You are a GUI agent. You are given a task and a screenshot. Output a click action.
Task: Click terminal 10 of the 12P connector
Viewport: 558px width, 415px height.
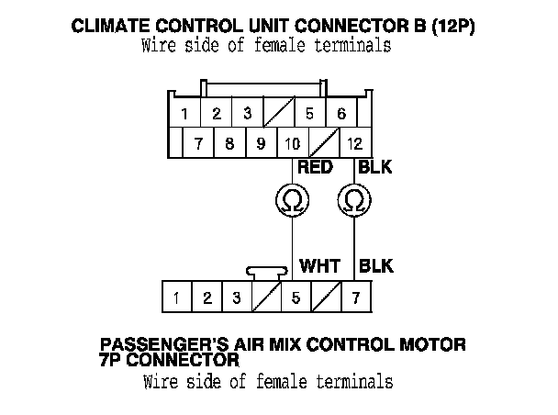coord(292,144)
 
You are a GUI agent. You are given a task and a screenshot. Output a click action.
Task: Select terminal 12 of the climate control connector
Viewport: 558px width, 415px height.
coord(355,144)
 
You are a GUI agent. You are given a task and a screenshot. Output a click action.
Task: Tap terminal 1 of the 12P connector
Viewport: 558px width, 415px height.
coord(184,115)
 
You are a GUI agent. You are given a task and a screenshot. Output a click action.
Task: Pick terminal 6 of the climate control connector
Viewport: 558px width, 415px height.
coord(341,115)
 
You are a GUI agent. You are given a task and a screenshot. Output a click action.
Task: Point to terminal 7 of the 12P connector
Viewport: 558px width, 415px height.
coord(198,144)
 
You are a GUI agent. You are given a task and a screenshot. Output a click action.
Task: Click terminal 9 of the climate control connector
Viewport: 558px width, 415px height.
coord(261,144)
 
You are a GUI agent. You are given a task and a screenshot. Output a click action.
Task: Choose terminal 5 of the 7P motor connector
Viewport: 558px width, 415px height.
coord(296,297)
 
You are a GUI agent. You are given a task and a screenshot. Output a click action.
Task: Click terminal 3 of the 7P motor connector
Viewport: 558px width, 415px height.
coord(236,297)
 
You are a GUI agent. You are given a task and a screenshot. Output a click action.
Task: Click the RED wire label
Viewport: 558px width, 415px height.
coord(315,167)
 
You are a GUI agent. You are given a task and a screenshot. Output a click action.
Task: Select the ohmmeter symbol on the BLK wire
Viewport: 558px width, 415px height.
coord(353,199)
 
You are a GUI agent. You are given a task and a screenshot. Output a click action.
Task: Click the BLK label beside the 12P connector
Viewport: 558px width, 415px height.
coord(376,167)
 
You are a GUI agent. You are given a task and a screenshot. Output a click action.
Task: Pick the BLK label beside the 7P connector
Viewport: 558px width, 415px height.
coord(376,266)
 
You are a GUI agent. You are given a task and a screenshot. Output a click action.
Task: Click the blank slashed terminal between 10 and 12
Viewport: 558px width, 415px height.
coord(324,144)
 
